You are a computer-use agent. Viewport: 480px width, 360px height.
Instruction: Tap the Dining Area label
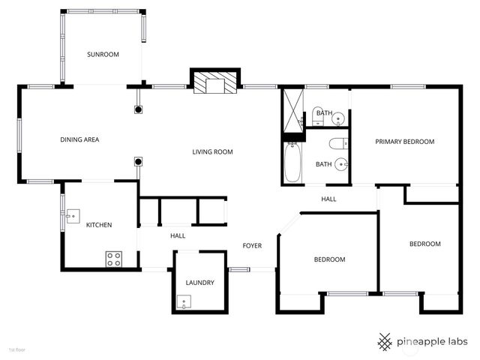80,139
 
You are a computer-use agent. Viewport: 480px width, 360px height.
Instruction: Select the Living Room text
212,152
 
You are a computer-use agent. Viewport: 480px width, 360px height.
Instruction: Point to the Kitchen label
99,225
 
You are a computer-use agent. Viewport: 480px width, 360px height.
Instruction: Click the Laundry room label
200,283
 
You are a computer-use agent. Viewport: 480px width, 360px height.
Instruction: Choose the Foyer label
252,245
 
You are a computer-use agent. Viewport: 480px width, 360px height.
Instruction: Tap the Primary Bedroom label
405,142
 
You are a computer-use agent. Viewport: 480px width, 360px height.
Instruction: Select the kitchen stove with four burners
114,259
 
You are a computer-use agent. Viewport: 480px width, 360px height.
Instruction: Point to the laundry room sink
183,302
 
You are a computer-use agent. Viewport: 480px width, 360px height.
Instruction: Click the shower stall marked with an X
291,110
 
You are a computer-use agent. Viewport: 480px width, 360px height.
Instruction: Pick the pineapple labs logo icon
385,341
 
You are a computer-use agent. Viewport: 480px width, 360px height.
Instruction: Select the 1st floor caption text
16,350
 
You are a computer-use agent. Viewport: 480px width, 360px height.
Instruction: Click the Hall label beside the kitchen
178,235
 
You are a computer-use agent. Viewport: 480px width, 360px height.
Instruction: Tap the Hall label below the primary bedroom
328,199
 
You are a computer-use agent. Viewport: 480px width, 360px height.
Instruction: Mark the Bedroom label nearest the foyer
329,259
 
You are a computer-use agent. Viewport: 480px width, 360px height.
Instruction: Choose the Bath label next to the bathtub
323,164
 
